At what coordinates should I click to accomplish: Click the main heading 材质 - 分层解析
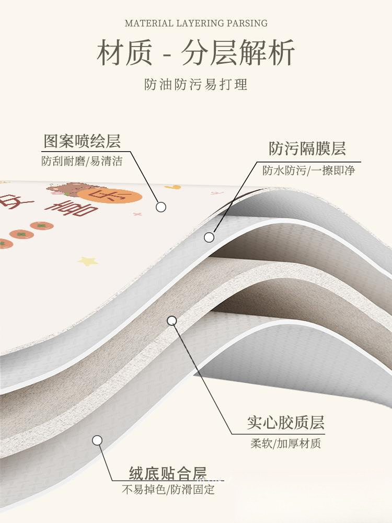[196, 53]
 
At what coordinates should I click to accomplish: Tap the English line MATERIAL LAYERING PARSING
[196, 23]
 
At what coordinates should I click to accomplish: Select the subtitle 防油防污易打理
[196, 84]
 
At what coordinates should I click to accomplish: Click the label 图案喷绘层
[82, 141]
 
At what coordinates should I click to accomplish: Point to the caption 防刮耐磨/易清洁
[82, 161]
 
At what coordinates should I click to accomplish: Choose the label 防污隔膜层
[307, 149]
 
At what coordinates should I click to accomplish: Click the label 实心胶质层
[285, 423]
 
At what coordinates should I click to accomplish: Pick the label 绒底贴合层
[168, 473]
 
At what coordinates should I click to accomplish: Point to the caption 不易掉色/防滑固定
[168, 490]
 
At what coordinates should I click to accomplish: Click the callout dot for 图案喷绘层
[161, 207]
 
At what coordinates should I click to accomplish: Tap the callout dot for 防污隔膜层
[209, 237]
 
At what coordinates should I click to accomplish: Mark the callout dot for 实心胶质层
[172, 321]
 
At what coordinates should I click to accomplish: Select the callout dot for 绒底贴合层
[97, 440]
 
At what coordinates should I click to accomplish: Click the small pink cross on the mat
[137, 214]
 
